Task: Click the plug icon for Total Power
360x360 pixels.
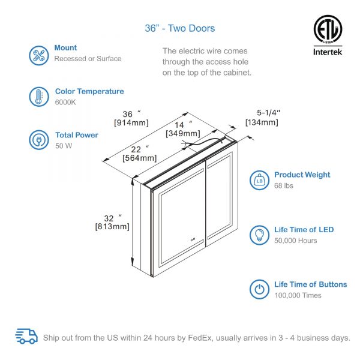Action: click(39, 140)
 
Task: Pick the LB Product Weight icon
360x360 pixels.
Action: click(260, 179)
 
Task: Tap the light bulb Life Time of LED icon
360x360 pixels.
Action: click(260, 235)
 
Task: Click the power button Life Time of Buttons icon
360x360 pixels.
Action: click(260, 289)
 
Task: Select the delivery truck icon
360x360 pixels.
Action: click(26, 336)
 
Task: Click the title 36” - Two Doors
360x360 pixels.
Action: click(180, 28)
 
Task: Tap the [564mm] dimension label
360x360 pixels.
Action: click(139, 158)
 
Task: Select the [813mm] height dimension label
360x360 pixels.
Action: click(112, 226)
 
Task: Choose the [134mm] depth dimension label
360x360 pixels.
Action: click(262, 122)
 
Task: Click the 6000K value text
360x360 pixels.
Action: click(65, 102)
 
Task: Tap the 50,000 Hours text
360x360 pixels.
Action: click(295, 241)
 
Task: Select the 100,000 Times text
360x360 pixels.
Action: click(298, 295)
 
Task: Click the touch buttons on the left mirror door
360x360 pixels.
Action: click(193, 241)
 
